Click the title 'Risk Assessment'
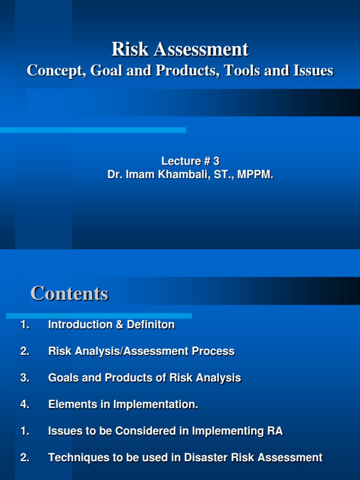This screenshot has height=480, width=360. click(x=180, y=49)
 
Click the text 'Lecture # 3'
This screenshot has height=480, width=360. click(x=190, y=161)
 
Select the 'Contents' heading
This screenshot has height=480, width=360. click(x=69, y=293)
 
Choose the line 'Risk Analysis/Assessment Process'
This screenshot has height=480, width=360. click(x=141, y=351)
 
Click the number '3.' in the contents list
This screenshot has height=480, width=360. click(x=25, y=378)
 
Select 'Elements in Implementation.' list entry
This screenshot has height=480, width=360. click(x=123, y=405)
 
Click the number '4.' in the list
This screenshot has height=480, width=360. click(x=25, y=405)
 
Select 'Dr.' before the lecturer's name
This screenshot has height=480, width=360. click(x=115, y=175)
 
